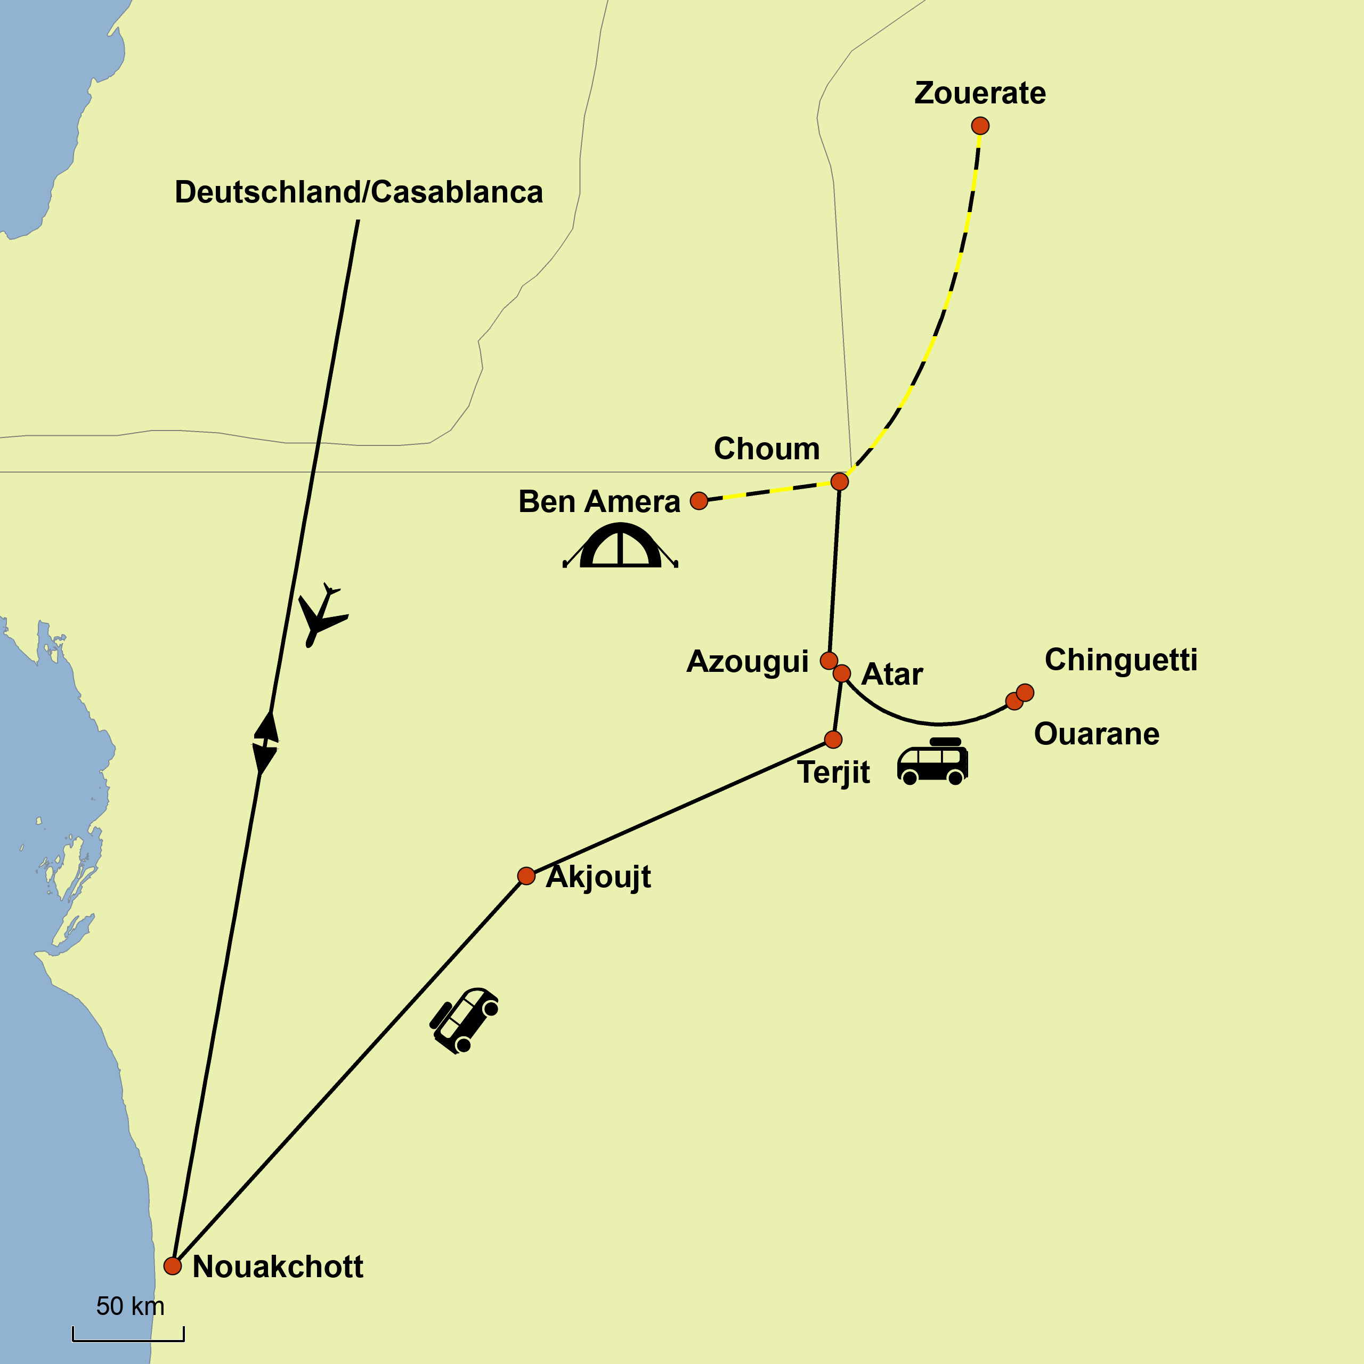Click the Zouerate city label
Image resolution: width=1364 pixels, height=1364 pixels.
(979, 93)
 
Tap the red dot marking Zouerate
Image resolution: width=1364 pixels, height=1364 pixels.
(980, 126)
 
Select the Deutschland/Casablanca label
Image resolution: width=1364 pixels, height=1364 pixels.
(359, 192)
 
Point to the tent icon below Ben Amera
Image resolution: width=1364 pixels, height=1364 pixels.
(620, 547)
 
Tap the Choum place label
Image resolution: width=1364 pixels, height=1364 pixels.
(767, 449)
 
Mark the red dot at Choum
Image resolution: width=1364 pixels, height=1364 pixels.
(839, 482)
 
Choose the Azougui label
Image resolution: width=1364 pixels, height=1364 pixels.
(748, 662)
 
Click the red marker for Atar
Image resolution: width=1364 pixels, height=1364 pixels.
(841, 673)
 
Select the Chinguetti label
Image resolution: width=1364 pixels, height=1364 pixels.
(1121, 660)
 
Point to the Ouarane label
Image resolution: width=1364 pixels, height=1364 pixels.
(1097, 734)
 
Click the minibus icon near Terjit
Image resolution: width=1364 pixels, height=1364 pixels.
(932, 762)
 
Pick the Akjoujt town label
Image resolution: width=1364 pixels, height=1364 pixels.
(599, 878)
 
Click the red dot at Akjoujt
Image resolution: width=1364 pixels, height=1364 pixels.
(526, 876)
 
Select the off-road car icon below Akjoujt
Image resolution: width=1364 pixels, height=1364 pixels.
(465, 1020)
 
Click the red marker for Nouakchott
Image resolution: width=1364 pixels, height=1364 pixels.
(172, 1266)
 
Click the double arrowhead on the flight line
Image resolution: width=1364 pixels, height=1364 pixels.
(265, 743)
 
